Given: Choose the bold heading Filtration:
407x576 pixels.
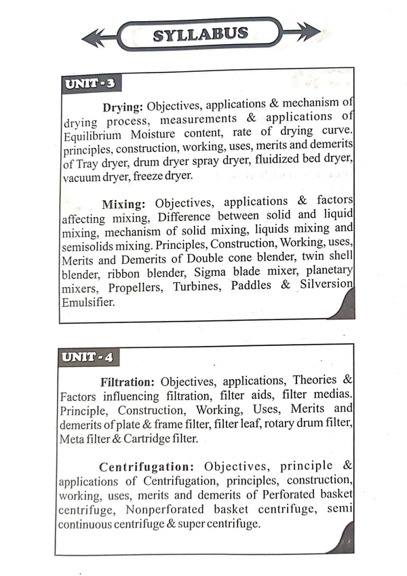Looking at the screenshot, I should pos(128,382).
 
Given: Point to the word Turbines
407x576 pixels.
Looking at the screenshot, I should pos(198,286).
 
